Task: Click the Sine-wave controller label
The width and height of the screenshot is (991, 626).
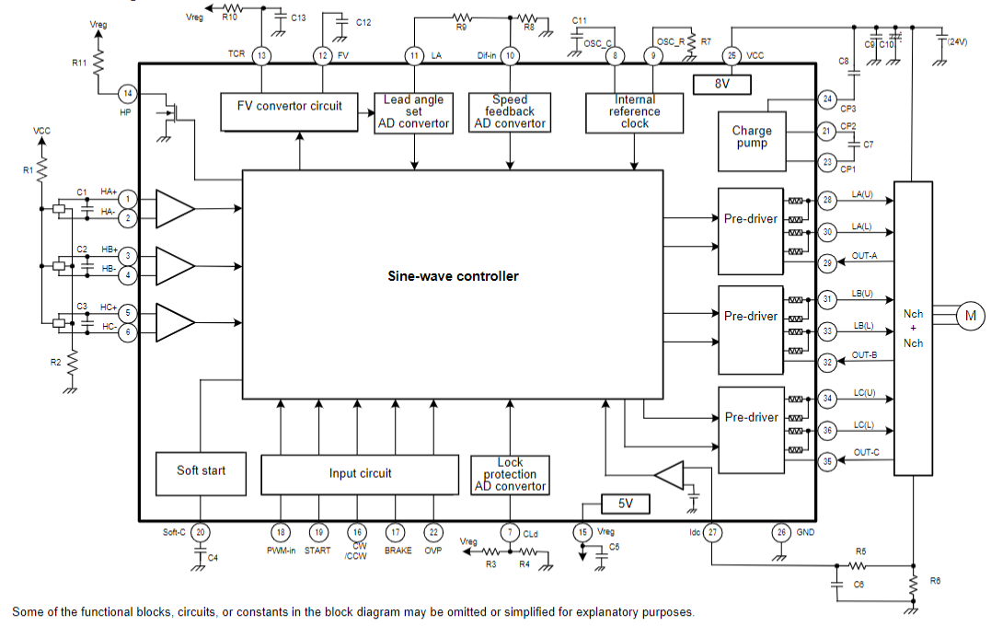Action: (x=453, y=276)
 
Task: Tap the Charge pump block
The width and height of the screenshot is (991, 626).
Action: (x=752, y=137)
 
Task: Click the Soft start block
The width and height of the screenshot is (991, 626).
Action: (x=201, y=470)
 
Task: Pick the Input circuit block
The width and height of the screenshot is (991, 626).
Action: (x=360, y=473)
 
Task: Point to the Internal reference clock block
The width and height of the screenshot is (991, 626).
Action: (x=634, y=111)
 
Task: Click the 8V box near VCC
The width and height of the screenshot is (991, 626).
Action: (x=721, y=84)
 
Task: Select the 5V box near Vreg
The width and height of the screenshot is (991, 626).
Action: (x=625, y=504)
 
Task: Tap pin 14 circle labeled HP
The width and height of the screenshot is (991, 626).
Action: (x=127, y=93)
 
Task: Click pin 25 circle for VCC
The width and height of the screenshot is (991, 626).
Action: (x=732, y=56)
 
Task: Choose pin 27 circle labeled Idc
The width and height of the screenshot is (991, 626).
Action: (x=713, y=532)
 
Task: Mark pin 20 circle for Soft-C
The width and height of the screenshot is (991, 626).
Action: (x=201, y=532)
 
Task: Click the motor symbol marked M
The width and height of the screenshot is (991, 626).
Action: (x=970, y=316)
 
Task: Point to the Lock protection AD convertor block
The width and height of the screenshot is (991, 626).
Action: (x=510, y=474)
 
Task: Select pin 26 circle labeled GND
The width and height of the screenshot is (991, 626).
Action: (x=780, y=532)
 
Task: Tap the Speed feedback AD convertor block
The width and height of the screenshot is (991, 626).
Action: (x=509, y=111)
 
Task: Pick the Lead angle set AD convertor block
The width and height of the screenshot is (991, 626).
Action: (x=413, y=111)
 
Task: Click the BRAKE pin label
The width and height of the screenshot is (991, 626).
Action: (x=398, y=551)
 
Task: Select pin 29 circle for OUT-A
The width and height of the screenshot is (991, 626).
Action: (x=827, y=263)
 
